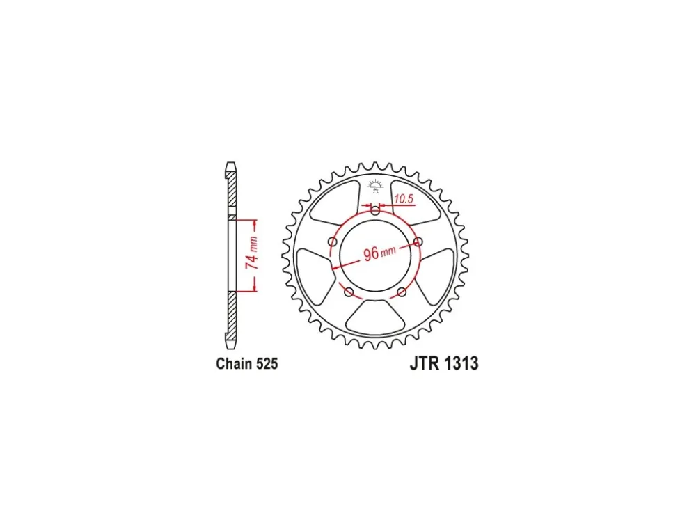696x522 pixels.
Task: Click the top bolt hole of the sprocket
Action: pos(376,211)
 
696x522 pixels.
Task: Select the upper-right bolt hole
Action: pos(418,242)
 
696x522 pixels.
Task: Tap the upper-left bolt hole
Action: pos(333,242)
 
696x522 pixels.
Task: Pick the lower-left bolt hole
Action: pos(349,292)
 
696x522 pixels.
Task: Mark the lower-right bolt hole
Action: pos(402,292)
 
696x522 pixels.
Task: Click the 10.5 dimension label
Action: pos(404,199)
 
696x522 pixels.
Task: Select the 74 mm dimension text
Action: pos(252,253)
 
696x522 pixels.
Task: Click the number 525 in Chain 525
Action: pos(267,363)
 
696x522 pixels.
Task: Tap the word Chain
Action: pos(235,363)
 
